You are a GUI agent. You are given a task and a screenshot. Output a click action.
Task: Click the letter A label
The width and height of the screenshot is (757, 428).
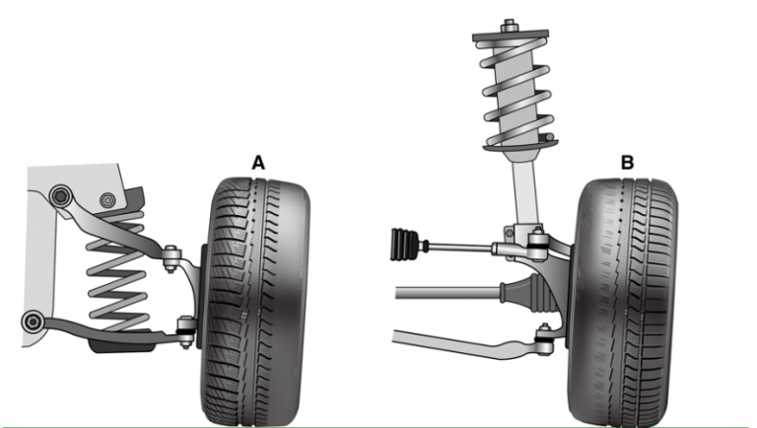[258, 163]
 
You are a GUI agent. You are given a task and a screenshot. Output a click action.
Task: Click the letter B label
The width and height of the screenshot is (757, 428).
[627, 163]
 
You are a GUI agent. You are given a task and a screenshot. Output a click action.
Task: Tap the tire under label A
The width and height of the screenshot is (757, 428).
[255, 302]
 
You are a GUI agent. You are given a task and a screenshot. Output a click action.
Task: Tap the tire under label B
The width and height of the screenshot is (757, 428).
[623, 302]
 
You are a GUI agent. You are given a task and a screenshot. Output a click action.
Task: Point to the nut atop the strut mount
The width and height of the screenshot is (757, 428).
[508, 26]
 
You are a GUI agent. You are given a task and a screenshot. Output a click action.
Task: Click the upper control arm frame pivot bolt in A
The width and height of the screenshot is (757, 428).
[61, 196]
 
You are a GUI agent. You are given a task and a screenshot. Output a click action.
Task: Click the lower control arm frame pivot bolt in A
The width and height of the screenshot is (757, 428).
[33, 322]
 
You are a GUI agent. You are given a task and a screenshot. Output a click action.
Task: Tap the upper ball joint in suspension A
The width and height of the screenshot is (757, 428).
[171, 257]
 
